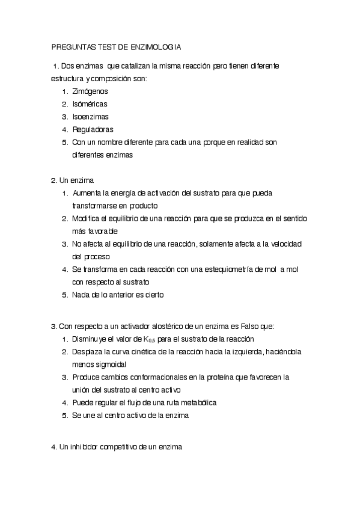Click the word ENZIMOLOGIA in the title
point(155,46)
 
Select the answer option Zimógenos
point(90,91)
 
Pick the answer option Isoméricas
point(90,104)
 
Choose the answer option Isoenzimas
point(90,117)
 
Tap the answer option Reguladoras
point(93,129)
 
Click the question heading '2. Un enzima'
point(72,180)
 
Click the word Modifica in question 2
point(87,218)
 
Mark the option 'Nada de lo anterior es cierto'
point(118,295)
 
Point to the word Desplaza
point(88,351)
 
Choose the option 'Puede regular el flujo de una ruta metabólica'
point(144,402)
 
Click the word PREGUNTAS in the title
point(73,46)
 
